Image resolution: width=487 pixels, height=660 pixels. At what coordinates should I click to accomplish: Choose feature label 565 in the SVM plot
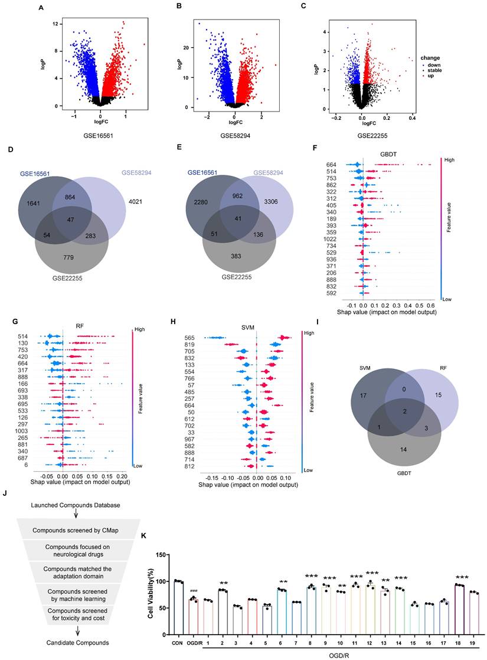190,338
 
